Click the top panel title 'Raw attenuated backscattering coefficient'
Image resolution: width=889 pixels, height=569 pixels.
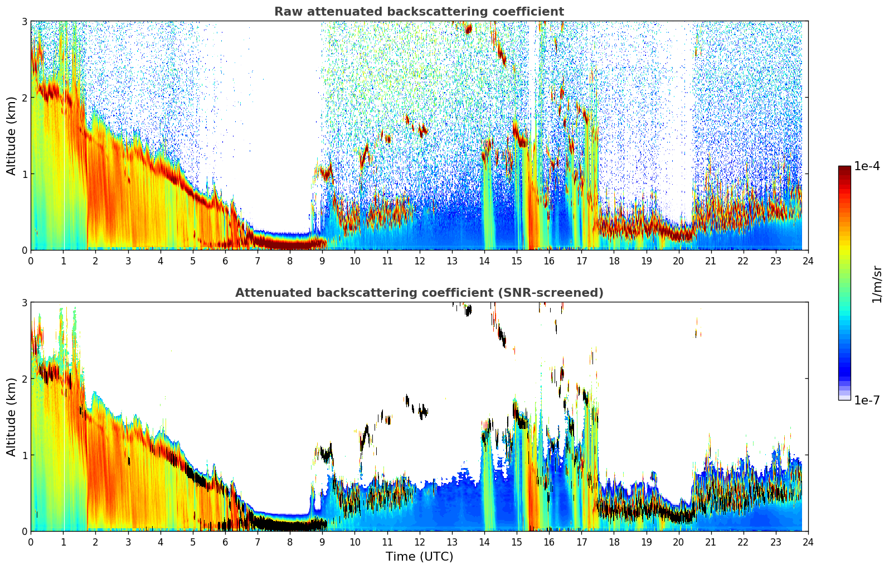(x=419, y=12)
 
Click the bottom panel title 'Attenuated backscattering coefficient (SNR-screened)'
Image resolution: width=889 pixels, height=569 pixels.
(x=419, y=293)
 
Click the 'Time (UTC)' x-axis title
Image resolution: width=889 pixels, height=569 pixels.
(x=419, y=557)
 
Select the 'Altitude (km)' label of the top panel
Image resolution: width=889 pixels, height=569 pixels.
(x=12, y=136)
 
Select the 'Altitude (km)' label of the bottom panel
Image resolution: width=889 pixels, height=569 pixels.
(x=12, y=417)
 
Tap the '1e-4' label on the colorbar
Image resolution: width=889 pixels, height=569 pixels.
(x=867, y=166)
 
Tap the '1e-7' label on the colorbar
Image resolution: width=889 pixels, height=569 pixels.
(x=867, y=400)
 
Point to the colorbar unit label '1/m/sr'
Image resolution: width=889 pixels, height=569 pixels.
(x=877, y=284)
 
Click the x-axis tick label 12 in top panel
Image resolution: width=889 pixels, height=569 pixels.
(x=419, y=261)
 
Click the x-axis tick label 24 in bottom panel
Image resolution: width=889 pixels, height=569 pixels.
(x=808, y=542)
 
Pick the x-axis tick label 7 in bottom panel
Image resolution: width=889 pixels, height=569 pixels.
(x=257, y=542)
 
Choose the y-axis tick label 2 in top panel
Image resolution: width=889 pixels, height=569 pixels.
(x=24, y=98)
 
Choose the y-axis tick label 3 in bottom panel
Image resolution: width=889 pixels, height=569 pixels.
(x=24, y=302)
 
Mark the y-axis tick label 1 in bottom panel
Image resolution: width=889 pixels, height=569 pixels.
(x=24, y=455)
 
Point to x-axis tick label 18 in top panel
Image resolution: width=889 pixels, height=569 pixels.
(x=614, y=261)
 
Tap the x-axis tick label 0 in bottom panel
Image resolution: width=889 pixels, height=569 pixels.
(x=31, y=542)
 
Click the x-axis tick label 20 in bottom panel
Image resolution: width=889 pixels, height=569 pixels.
(x=678, y=542)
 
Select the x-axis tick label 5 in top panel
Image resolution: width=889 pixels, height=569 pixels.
(x=192, y=261)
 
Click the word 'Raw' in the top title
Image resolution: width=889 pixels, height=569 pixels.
(x=286, y=12)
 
